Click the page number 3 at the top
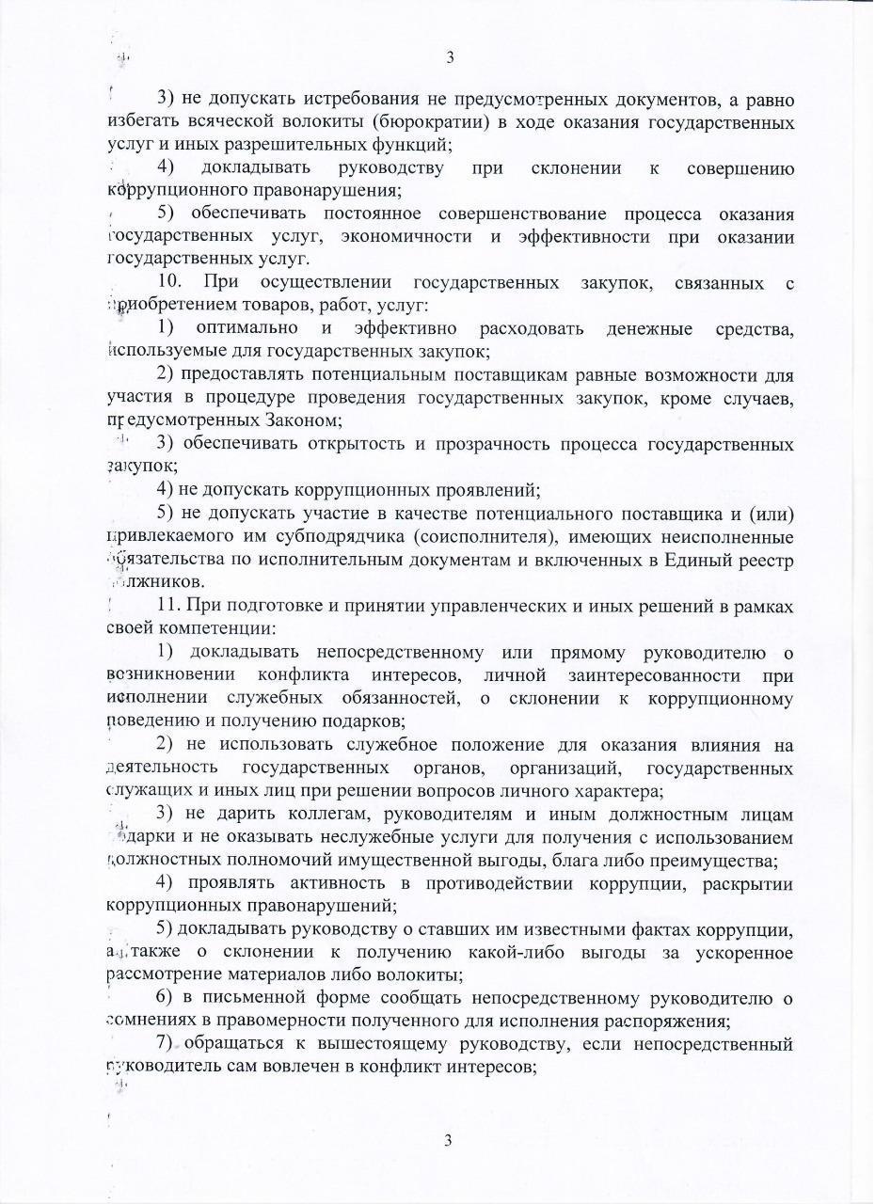[450, 58]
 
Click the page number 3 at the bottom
[449, 1141]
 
